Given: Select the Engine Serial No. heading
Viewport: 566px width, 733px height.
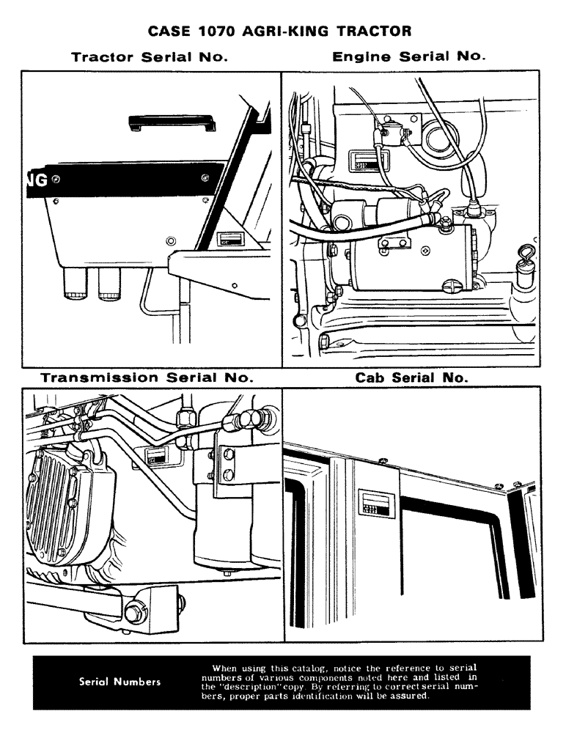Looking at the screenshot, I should [x=410, y=56].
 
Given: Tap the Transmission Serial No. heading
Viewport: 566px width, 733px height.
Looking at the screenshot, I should [x=147, y=378].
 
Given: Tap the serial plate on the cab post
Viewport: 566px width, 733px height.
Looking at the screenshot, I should [x=376, y=504].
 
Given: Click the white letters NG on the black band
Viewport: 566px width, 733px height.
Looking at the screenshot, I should [x=37, y=180].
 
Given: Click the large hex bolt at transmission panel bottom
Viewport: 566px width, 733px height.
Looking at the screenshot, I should [x=136, y=611].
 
